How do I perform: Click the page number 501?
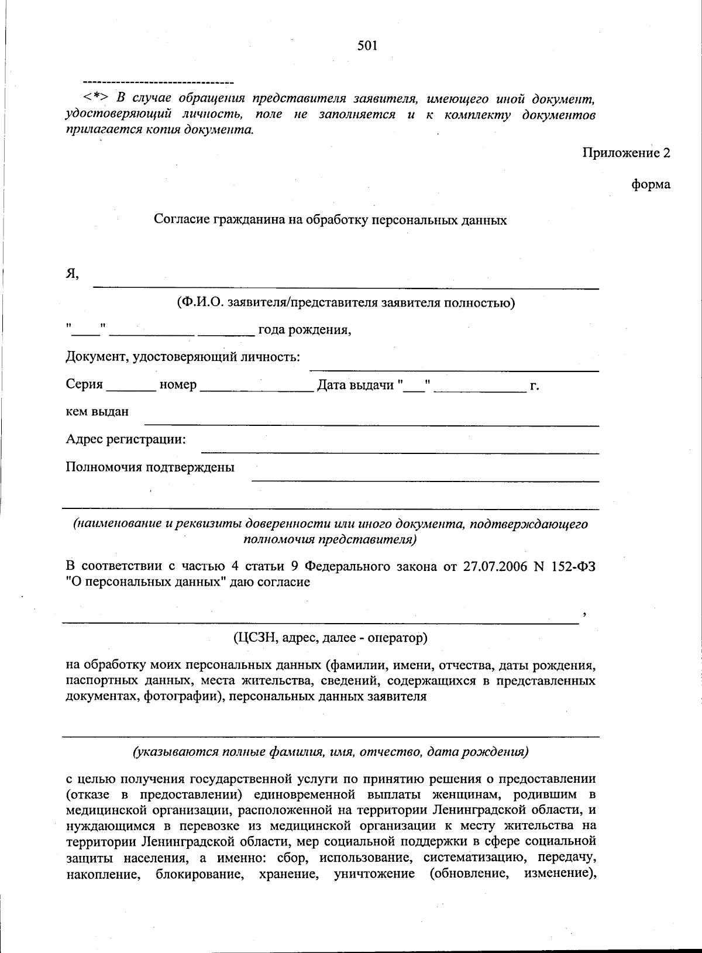367,46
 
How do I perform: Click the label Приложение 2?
626,153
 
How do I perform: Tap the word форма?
651,185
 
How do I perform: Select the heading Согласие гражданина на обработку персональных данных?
330,220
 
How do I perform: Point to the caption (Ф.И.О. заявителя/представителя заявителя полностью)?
346,302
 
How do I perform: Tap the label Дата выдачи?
355,386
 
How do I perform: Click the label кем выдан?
97,412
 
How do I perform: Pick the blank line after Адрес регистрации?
400,448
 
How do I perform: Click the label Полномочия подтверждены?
150,467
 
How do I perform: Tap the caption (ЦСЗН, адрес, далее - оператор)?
330,637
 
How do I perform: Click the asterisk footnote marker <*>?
95,97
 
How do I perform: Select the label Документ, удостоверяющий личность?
183,357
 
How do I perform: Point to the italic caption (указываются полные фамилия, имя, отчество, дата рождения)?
331,752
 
